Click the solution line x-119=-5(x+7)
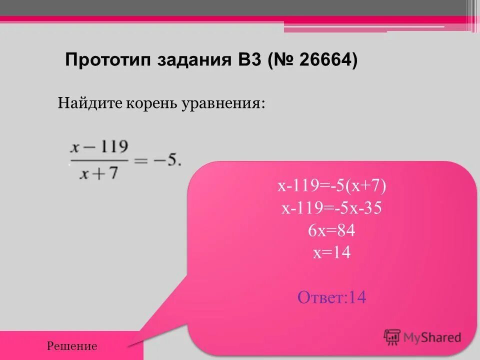coord(332,186)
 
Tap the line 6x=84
coord(332,230)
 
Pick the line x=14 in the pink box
coord(332,253)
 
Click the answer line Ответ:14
coord(332,298)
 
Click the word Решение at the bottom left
coord(72,346)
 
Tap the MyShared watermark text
coord(432,337)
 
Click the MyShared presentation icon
coord(392,337)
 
